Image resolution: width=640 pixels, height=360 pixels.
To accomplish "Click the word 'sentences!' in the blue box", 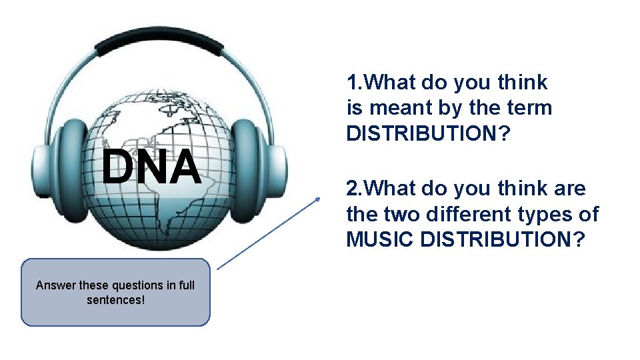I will click(x=115, y=300).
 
